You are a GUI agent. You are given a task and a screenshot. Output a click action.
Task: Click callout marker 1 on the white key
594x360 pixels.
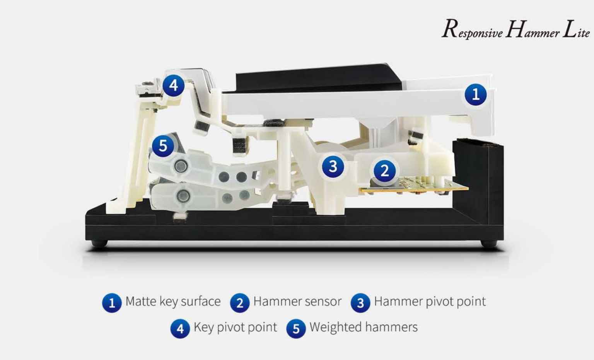475,94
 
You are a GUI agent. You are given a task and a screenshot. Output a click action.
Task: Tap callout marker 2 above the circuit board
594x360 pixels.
384,171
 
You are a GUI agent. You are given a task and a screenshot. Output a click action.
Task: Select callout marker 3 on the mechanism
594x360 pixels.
333,167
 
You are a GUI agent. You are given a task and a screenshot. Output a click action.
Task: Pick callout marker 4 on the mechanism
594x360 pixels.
173,85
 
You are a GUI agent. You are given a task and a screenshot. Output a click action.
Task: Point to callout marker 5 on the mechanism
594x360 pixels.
163,146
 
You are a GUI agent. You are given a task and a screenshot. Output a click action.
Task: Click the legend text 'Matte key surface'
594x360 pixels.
173,301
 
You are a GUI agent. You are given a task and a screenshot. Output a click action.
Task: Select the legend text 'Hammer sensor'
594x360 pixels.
297,301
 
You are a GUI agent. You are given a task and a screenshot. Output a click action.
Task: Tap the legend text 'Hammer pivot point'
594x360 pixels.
430,302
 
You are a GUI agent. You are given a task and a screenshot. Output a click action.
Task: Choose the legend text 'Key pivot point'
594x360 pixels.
235,327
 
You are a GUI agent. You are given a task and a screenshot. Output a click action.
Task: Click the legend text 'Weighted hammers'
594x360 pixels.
364,327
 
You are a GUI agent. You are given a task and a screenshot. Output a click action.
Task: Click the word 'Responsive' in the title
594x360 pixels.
472,29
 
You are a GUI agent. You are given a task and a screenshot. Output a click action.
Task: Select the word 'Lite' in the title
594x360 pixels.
576,29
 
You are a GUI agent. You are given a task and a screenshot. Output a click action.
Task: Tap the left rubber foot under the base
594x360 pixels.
99,243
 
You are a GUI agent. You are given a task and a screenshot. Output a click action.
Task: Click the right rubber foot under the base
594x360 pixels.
489,243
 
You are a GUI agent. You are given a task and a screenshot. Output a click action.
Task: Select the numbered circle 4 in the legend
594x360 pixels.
180,329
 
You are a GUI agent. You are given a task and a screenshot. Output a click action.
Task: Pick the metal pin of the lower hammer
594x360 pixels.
183,196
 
